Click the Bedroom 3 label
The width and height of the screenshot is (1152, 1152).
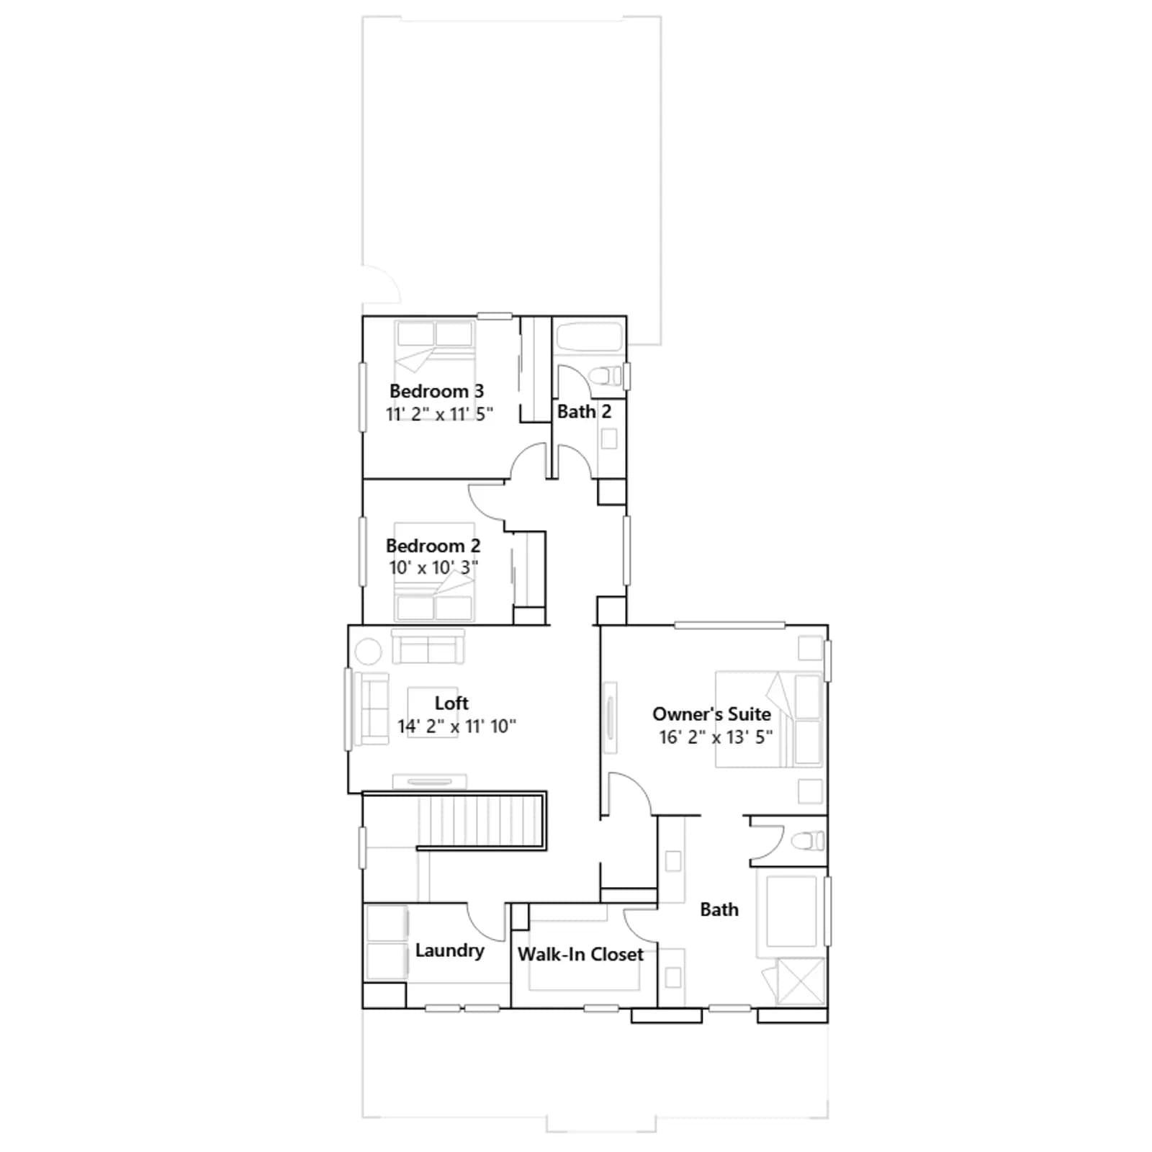(x=436, y=391)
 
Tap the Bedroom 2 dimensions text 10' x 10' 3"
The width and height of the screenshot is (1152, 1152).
(x=433, y=567)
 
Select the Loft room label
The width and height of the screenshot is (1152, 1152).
(x=451, y=703)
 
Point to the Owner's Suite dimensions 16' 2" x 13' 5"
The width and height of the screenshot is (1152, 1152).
(x=716, y=737)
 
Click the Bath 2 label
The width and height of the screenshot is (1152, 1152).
(x=584, y=411)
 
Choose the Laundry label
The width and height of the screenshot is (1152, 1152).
(x=449, y=950)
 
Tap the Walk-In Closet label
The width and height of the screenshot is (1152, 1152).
(x=580, y=954)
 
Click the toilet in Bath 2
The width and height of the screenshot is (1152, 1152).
(x=605, y=375)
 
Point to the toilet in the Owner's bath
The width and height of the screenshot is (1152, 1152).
(x=807, y=840)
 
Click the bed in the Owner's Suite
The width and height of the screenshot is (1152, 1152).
(x=769, y=719)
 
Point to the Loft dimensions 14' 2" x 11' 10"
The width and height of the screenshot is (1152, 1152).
(x=456, y=726)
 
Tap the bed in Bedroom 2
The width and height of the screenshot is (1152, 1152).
(x=433, y=572)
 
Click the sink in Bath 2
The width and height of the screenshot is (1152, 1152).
(x=609, y=438)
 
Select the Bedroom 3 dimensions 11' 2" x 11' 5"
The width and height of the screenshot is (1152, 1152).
(x=439, y=414)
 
